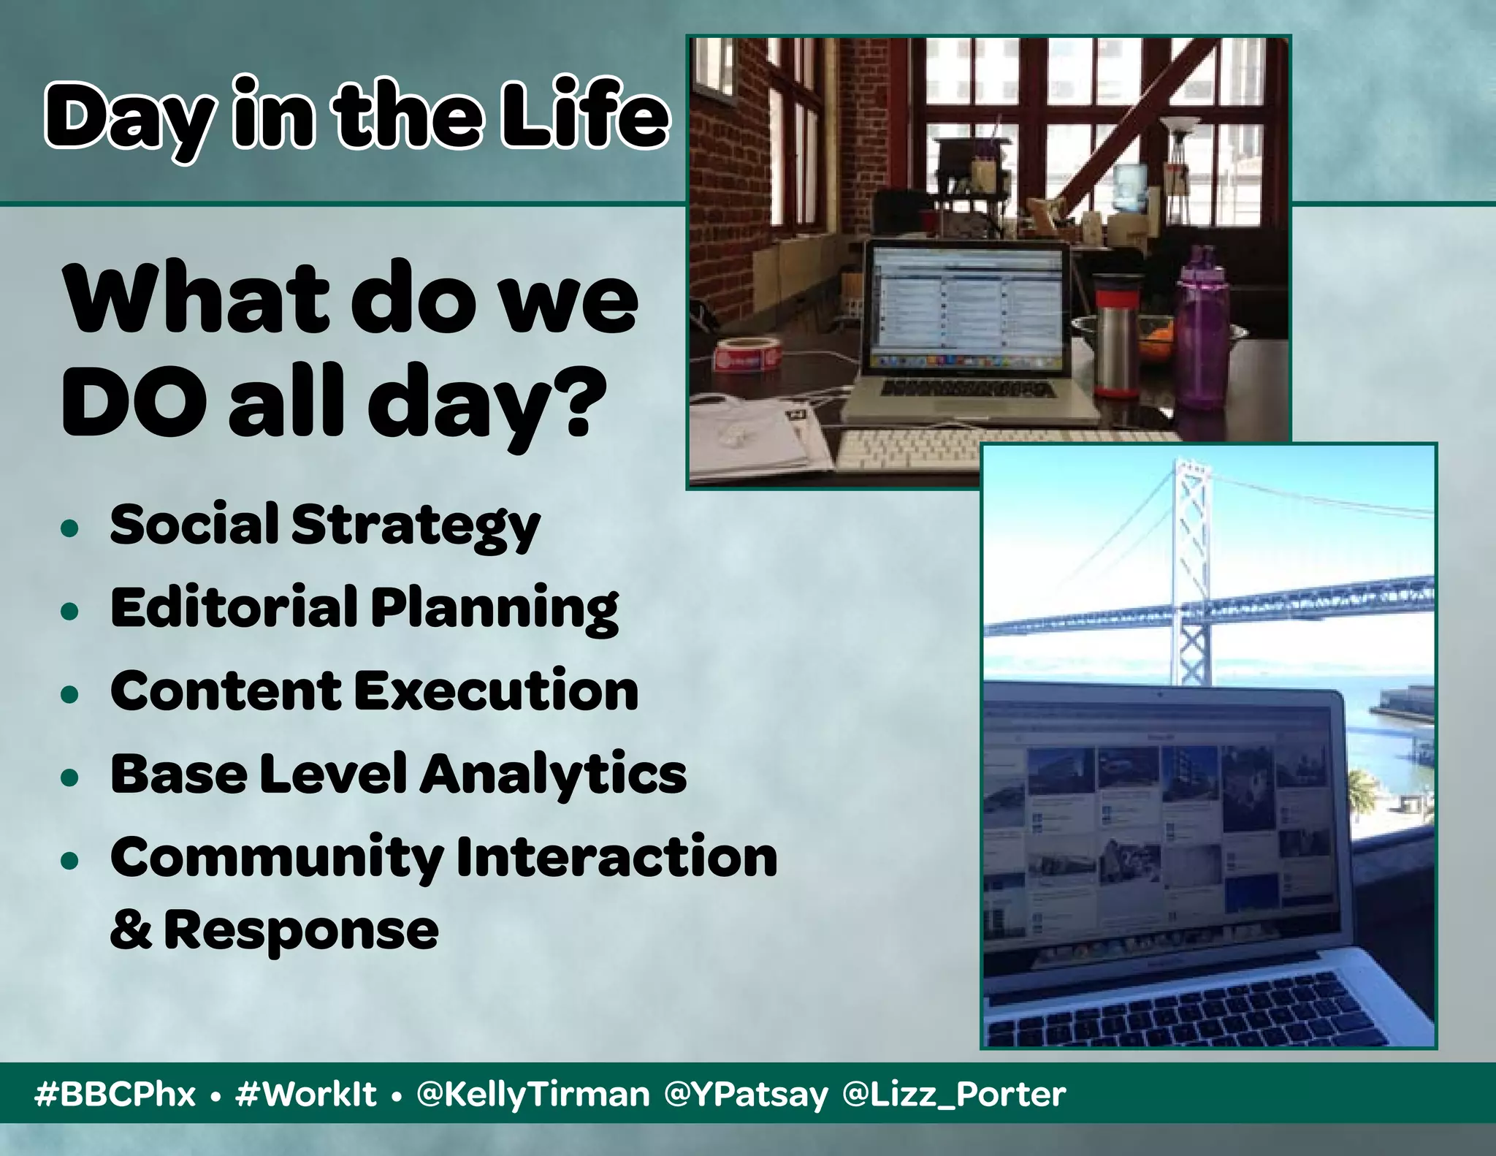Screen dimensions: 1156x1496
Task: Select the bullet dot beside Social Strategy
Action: pos(70,528)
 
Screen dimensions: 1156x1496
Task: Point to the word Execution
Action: pos(497,691)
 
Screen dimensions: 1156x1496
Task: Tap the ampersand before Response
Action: pos(131,930)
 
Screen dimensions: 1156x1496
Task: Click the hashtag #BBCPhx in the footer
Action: pos(115,1094)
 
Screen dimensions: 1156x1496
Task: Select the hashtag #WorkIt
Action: pos(305,1094)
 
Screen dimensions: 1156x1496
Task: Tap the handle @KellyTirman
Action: pos(533,1094)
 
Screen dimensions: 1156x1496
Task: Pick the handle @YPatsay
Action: pos(747,1094)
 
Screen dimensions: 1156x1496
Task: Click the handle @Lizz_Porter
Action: pos(954,1094)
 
